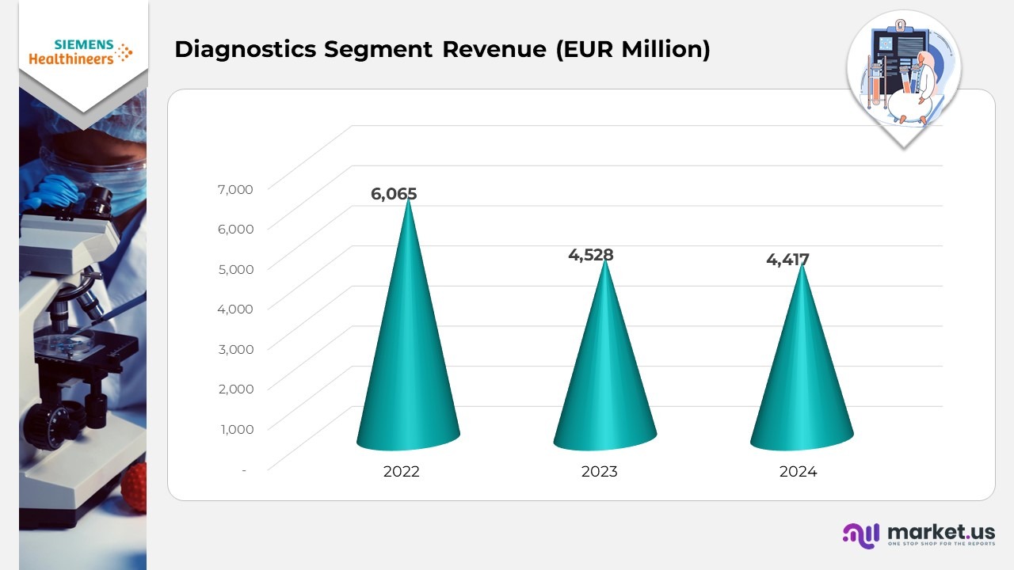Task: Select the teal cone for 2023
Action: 605,380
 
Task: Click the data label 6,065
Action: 394,194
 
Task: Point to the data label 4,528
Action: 591,255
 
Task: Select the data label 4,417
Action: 787,259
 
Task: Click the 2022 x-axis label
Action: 401,472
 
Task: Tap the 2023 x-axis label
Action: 599,472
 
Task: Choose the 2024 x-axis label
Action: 798,472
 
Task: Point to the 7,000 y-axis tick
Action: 234,188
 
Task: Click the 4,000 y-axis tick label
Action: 234,309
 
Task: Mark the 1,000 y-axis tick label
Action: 234,429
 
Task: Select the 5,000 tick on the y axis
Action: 234,268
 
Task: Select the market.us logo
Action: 918,534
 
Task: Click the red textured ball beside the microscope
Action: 135,486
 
